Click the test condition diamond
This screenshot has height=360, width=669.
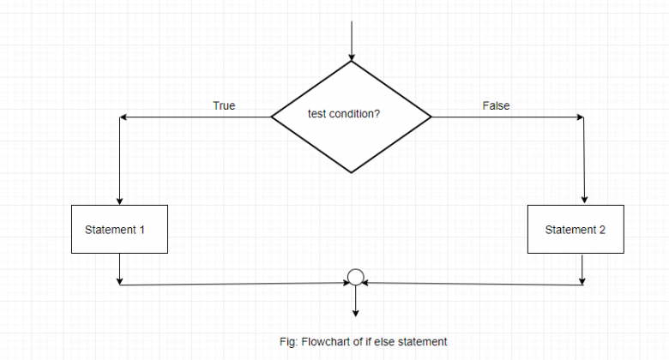click(352, 116)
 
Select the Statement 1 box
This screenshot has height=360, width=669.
click(118, 230)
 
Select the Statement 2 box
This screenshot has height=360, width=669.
click(583, 230)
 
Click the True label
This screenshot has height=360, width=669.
click(224, 106)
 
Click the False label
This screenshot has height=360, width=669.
click(496, 106)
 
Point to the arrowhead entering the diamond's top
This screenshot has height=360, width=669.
click(352, 56)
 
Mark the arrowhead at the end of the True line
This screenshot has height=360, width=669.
click(124, 117)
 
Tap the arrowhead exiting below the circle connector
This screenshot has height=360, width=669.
click(356, 312)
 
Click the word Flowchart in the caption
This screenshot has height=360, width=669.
click(324, 342)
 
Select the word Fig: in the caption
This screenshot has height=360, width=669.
click(289, 342)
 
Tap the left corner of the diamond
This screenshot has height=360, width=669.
click(272, 117)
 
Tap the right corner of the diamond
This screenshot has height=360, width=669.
click(431, 117)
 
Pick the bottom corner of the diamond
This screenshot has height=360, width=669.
click(352, 172)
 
